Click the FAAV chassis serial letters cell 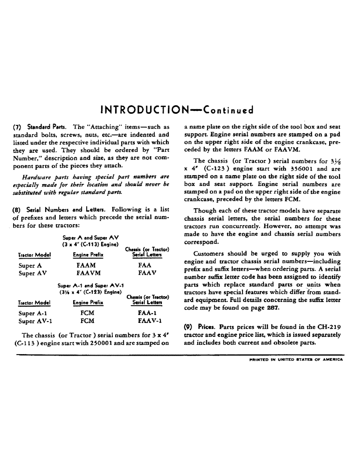point(146,273)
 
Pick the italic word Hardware point(39,178)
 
